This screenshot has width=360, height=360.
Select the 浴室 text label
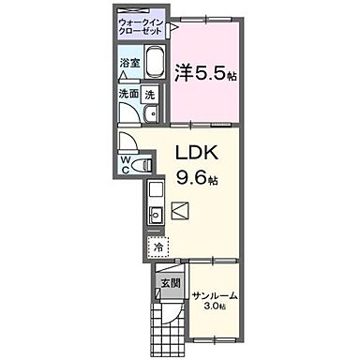[129, 64]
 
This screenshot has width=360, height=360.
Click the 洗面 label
[127, 94]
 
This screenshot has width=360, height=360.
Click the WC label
[124, 165]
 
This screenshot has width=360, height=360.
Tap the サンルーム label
[215, 296]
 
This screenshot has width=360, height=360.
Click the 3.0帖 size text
[216, 308]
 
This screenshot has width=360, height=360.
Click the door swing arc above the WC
[128, 142]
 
